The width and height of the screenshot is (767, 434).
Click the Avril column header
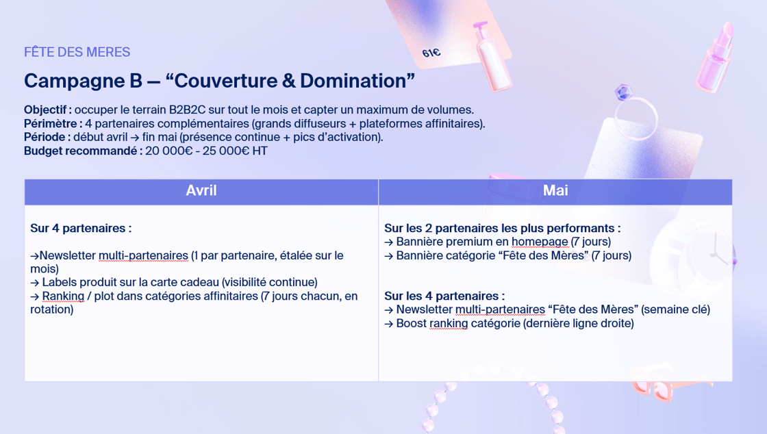click(x=201, y=191)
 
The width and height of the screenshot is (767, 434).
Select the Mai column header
click(x=555, y=191)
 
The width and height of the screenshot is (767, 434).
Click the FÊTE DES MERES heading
click(x=77, y=52)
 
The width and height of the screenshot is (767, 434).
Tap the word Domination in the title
click(x=353, y=81)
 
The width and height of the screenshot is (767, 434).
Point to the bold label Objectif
click(x=47, y=110)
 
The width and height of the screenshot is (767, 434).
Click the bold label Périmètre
click(x=53, y=123)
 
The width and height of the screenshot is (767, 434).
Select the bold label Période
click(x=47, y=137)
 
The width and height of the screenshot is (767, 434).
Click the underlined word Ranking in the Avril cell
click(x=63, y=296)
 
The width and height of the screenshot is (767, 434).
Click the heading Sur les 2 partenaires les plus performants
click(x=502, y=228)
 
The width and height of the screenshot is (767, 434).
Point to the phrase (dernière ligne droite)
click(x=578, y=323)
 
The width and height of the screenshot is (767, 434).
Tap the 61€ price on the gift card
click(x=431, y=53)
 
